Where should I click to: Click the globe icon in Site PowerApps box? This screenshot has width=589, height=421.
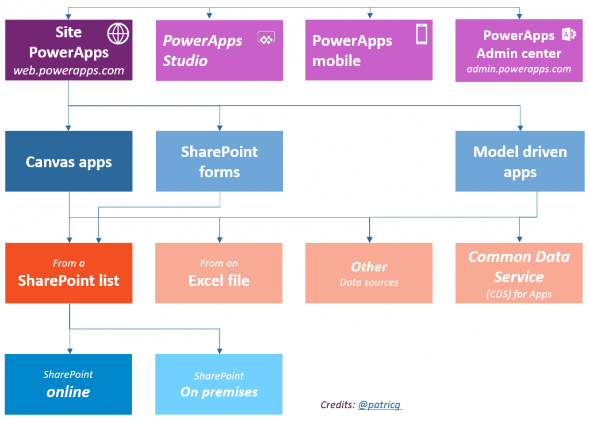118,34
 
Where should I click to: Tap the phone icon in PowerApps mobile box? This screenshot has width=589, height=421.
422,35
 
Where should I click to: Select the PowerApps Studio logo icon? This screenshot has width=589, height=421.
266,39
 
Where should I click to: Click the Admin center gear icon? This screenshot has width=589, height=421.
569,35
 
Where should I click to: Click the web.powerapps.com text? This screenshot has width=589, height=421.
68,71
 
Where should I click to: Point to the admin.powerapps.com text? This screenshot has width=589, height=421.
519,69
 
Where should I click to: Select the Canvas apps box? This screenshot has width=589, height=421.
69,162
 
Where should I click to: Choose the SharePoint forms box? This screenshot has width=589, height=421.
219,162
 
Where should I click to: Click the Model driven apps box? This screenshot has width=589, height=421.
519,162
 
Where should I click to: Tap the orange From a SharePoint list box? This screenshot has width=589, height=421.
69,273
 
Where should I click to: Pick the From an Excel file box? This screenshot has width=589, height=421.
219,273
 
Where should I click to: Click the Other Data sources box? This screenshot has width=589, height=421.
369,273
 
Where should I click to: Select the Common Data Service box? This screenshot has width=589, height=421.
519,273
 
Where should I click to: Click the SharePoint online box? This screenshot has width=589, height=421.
68,384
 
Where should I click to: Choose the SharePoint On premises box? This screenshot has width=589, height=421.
219,384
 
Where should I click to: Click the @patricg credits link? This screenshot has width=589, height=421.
380,405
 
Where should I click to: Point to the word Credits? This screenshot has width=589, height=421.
337,405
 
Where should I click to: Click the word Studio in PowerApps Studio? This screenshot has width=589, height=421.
185,61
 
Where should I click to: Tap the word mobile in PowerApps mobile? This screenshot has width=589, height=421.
336,61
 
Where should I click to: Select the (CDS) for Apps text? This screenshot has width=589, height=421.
519,294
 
